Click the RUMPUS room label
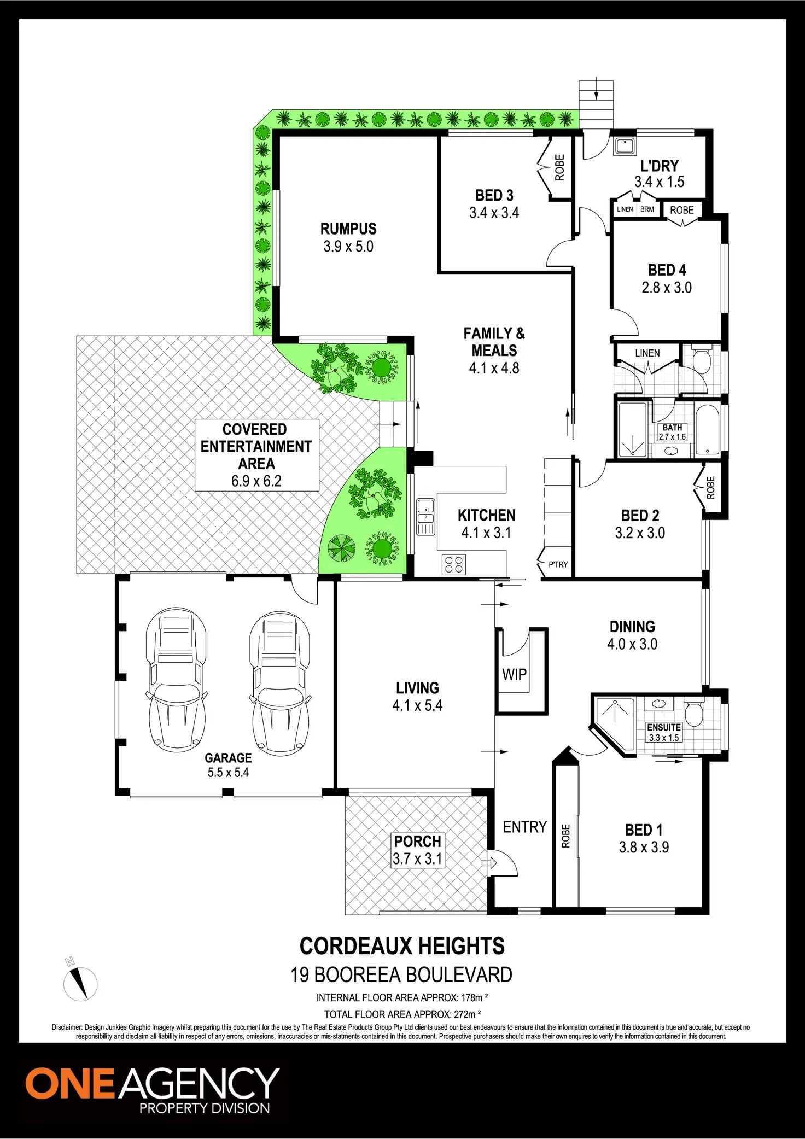(348, 229)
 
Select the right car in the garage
(279, 682)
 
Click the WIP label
(514, 675)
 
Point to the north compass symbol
(80, 983)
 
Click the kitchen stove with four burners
(453, 565)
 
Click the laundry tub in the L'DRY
(624, 146)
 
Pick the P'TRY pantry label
(558, 564)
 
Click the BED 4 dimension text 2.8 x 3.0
(667, 288)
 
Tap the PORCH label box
(417, 850)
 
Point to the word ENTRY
(524, 827)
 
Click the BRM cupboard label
(647, 209)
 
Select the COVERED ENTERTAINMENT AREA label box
(256, 455)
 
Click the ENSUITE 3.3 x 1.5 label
(663, 732)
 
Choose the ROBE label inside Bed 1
(565, 836)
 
